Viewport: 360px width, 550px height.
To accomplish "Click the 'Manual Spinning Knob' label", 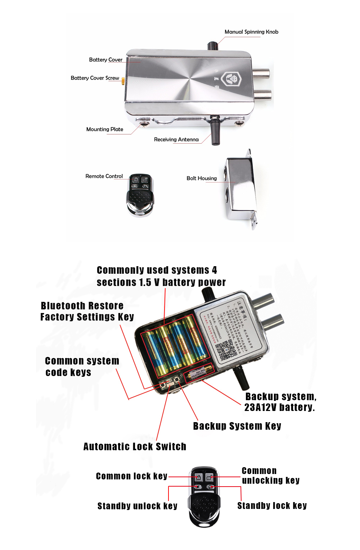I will click(x=251, y=32).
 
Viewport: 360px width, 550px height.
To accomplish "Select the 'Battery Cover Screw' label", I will click(x=95, y=78).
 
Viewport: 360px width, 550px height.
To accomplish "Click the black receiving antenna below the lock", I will click(x=215, y=131).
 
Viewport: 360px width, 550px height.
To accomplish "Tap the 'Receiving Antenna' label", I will click(x=176, y=139).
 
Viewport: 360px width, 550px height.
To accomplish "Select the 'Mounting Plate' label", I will click(x=104, y=129).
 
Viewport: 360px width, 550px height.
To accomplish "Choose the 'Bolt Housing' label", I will click(x=201, y=178).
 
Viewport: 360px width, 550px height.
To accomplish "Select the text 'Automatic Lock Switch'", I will click(x=135, y=447).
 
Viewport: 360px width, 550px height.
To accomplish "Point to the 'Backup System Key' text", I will click(x=237, y=426).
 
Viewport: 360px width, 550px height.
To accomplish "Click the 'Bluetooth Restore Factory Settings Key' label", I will click(x=87, y=311).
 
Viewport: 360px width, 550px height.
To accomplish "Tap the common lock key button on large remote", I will click(x=198, y=478).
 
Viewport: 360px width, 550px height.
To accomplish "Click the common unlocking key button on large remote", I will click(x=209, y=478).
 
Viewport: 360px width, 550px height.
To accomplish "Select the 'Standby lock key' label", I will click(x=272, y=506).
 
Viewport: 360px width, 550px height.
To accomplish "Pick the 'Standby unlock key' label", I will click(x=137, y=506).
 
